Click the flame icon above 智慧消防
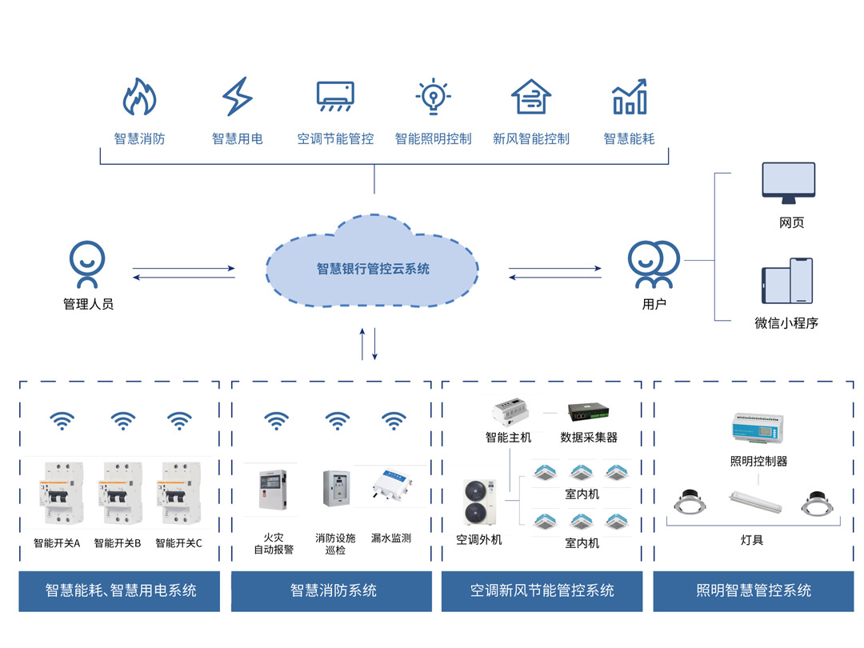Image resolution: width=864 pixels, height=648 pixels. [x=139, y=97]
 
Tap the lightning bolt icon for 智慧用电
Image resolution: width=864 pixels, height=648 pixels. [x=237, y=97]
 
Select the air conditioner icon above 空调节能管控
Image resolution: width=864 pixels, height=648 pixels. [x=335, y=97]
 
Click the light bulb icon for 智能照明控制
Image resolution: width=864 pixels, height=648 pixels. [x=433, y=97]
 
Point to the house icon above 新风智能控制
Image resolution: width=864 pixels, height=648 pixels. [x=530, y=97]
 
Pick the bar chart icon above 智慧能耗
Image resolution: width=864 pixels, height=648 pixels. [x=629, y=97]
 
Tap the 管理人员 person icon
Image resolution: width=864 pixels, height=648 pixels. [x=87, y=264]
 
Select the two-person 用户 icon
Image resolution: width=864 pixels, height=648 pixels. [x=653, y=264]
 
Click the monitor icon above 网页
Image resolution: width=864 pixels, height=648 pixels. [x=788, y=183]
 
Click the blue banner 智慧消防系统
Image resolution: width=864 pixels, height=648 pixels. [x=332, y=591]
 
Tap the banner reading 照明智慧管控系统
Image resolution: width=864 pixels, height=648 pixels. [x=754, y=591]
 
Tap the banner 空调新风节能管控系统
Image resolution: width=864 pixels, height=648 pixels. [x=542, y=591]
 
